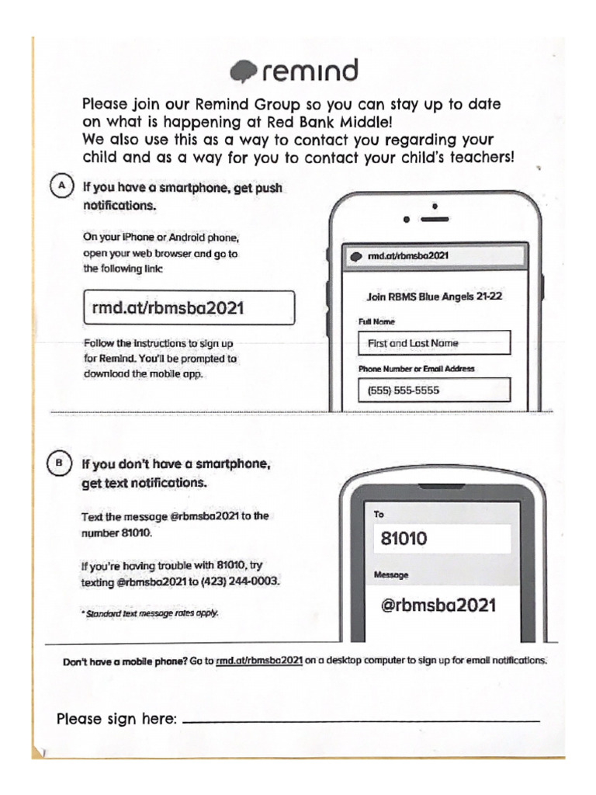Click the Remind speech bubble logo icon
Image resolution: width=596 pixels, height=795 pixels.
244,71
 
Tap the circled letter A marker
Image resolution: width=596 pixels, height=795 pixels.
61,188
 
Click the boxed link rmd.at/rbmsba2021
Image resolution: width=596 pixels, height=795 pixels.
189,307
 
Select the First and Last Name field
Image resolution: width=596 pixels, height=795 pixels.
434,342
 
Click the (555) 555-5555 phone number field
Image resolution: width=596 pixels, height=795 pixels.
434,390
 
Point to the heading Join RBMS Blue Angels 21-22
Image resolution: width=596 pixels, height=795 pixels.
434,296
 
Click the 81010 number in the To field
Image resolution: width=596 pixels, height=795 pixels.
404,538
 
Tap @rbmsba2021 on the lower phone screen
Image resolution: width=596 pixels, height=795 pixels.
438,605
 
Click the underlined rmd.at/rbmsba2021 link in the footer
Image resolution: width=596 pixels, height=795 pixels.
258,661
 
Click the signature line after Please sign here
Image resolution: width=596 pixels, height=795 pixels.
361,721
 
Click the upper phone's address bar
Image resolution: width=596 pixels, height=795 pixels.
435,255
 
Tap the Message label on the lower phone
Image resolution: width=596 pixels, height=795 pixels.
392,575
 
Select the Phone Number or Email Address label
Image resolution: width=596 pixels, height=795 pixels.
416,369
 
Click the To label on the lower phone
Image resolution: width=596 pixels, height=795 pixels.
379,514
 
